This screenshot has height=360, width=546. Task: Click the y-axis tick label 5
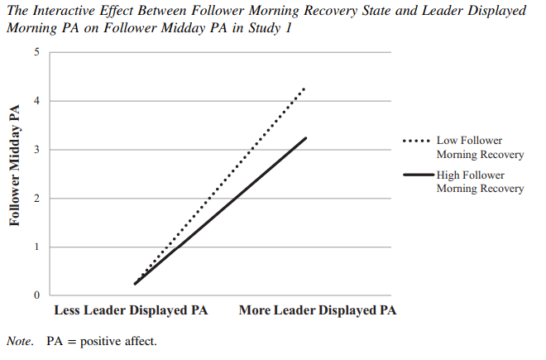point(36,53)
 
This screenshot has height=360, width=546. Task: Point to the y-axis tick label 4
point(36,102)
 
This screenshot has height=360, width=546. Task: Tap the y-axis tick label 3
point(36,150)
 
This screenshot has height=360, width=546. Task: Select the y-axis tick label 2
point(36,199)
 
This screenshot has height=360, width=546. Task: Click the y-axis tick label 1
point(36,247)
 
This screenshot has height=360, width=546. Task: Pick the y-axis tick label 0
point(36,295)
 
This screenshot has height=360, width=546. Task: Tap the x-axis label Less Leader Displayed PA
point(131,312)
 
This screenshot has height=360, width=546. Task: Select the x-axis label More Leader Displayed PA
point(318,312)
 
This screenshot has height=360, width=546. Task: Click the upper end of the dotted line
point(305,88)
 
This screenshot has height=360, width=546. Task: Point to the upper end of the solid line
point(306,138)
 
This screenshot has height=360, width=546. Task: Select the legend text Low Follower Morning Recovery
point(480,147)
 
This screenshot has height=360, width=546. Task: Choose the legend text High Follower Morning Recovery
point(480,182)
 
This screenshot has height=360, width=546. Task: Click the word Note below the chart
point(18,340)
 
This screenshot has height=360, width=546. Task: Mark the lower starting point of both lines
point(135,284)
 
